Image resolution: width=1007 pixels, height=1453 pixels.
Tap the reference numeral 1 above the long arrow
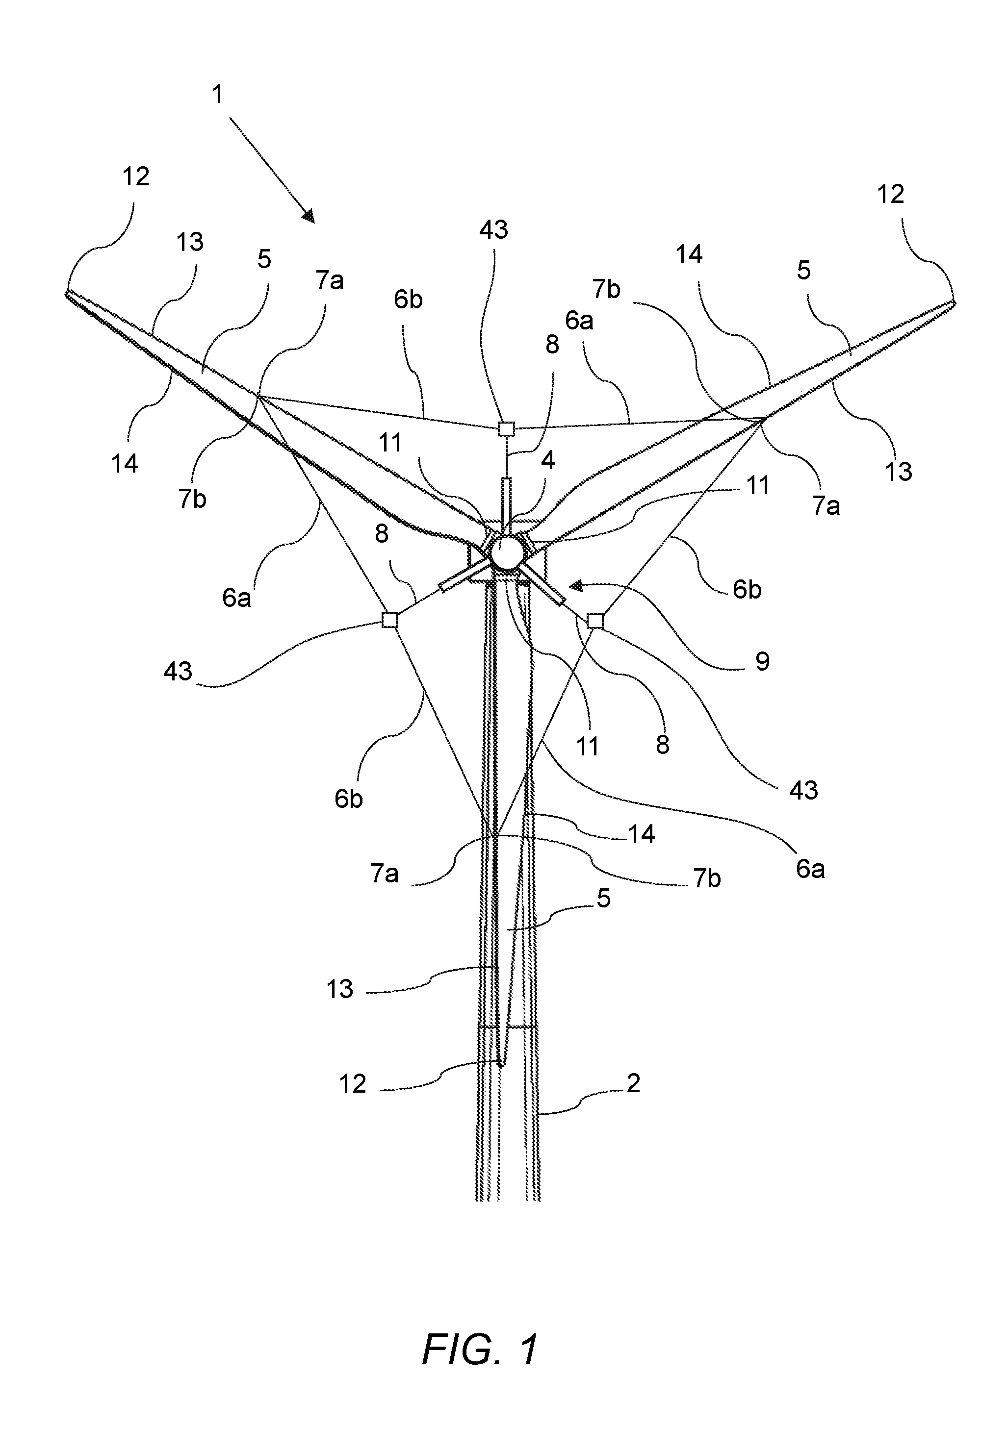click(218, 95)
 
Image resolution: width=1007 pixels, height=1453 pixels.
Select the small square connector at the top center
click(507, 429)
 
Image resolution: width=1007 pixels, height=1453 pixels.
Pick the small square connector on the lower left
click(390, 621)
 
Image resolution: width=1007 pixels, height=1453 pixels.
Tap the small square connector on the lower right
click(595, 621)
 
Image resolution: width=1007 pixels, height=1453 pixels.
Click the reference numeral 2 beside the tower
click(633, 1083)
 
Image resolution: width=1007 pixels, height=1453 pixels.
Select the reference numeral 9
click(762, 661)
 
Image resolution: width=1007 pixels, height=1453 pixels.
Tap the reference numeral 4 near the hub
click(548, 460)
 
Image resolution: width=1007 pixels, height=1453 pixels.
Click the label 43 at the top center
click(493, 230)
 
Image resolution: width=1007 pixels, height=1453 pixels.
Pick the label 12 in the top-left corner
click(136, 177)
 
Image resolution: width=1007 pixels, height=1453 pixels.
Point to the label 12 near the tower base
click(353, 1084)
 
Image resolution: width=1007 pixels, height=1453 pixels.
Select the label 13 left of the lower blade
click(339, 989)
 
